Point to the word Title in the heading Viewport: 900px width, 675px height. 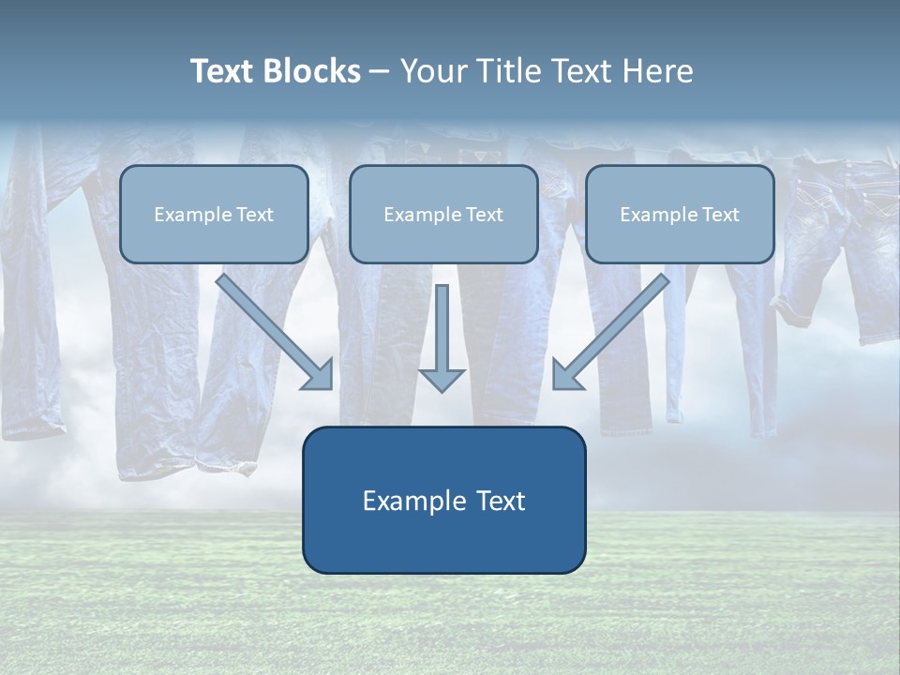click(510, 71)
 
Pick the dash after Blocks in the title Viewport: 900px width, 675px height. click(380, 72)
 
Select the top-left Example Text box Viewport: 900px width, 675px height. click(214, 214)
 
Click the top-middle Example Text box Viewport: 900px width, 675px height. click(443, 214)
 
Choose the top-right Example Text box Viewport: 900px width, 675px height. click(680, 214)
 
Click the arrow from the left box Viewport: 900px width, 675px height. click(277, 333)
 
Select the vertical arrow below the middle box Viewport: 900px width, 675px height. click(442, 333)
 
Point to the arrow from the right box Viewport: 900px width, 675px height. click(609, 333)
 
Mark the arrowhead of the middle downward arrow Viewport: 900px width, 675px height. click(442, 380)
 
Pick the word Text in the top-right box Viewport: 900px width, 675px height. click(720, 215)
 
